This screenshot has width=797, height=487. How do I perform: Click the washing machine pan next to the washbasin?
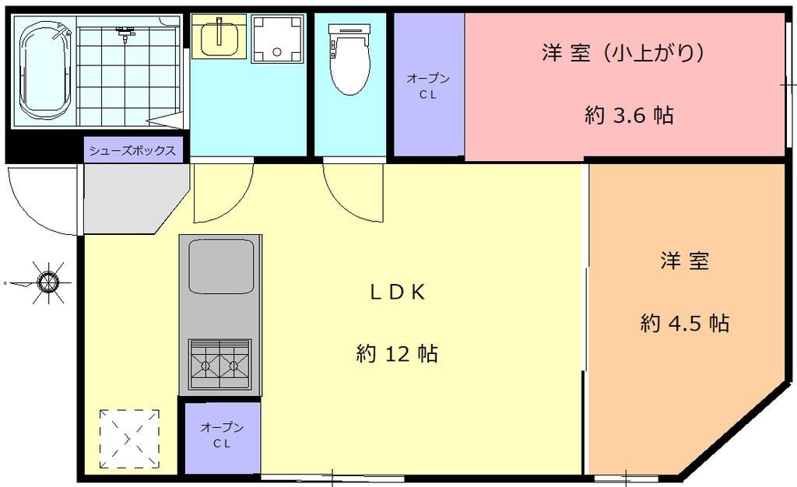tap(277, 37)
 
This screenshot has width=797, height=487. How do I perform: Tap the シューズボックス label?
tap(133, 150)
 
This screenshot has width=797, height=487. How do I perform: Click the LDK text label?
tap(396, 292)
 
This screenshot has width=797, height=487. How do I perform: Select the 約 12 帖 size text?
tap(397, 354)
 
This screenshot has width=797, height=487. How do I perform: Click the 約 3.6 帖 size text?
tap(629, 116)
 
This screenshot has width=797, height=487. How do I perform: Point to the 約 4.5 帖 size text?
tap(685, 323)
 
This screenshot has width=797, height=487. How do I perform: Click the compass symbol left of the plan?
tap(48, 280)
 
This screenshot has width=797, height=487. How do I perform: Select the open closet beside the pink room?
tap(428, 86)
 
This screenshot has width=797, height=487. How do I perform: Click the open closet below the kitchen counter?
tap(222, 436)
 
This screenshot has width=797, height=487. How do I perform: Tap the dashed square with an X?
tap(129, 439)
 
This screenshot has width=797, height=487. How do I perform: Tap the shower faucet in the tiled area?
tap(125, 33)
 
